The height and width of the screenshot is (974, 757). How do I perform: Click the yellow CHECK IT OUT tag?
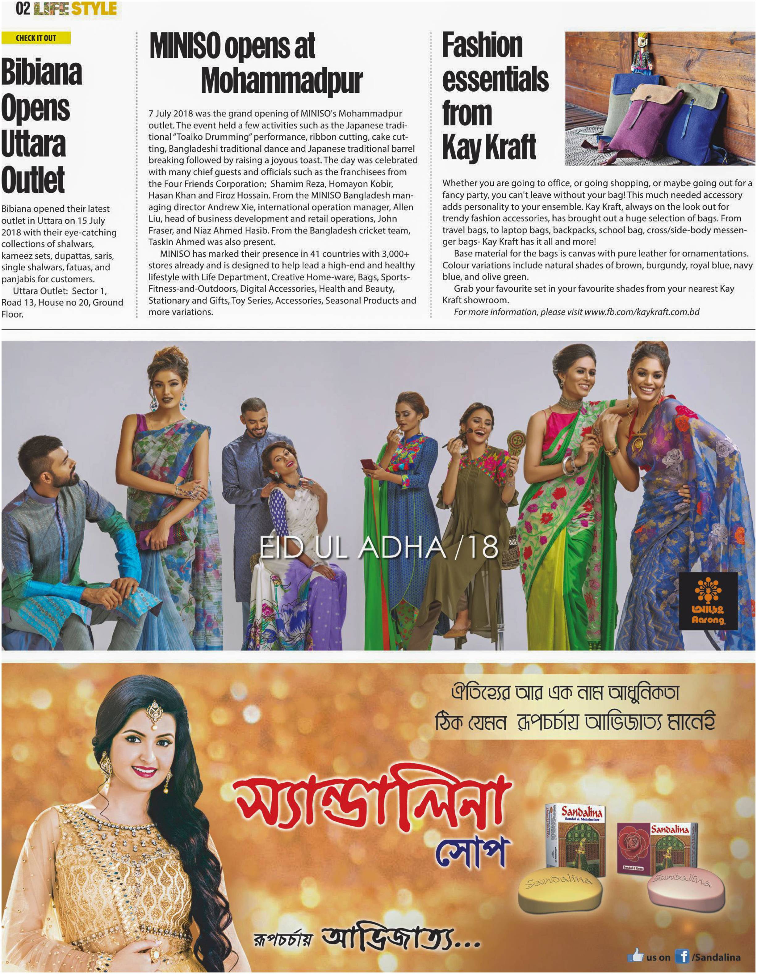36,38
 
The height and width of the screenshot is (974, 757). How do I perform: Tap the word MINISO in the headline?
185,46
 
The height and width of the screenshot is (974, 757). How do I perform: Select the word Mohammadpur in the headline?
282,81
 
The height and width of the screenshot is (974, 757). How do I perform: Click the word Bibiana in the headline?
41,72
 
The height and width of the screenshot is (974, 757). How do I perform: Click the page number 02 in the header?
23,8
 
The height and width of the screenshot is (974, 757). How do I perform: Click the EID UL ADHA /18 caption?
378,547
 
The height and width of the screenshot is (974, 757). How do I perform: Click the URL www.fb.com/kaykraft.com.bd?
642,312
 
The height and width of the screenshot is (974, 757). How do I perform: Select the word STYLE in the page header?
94,8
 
